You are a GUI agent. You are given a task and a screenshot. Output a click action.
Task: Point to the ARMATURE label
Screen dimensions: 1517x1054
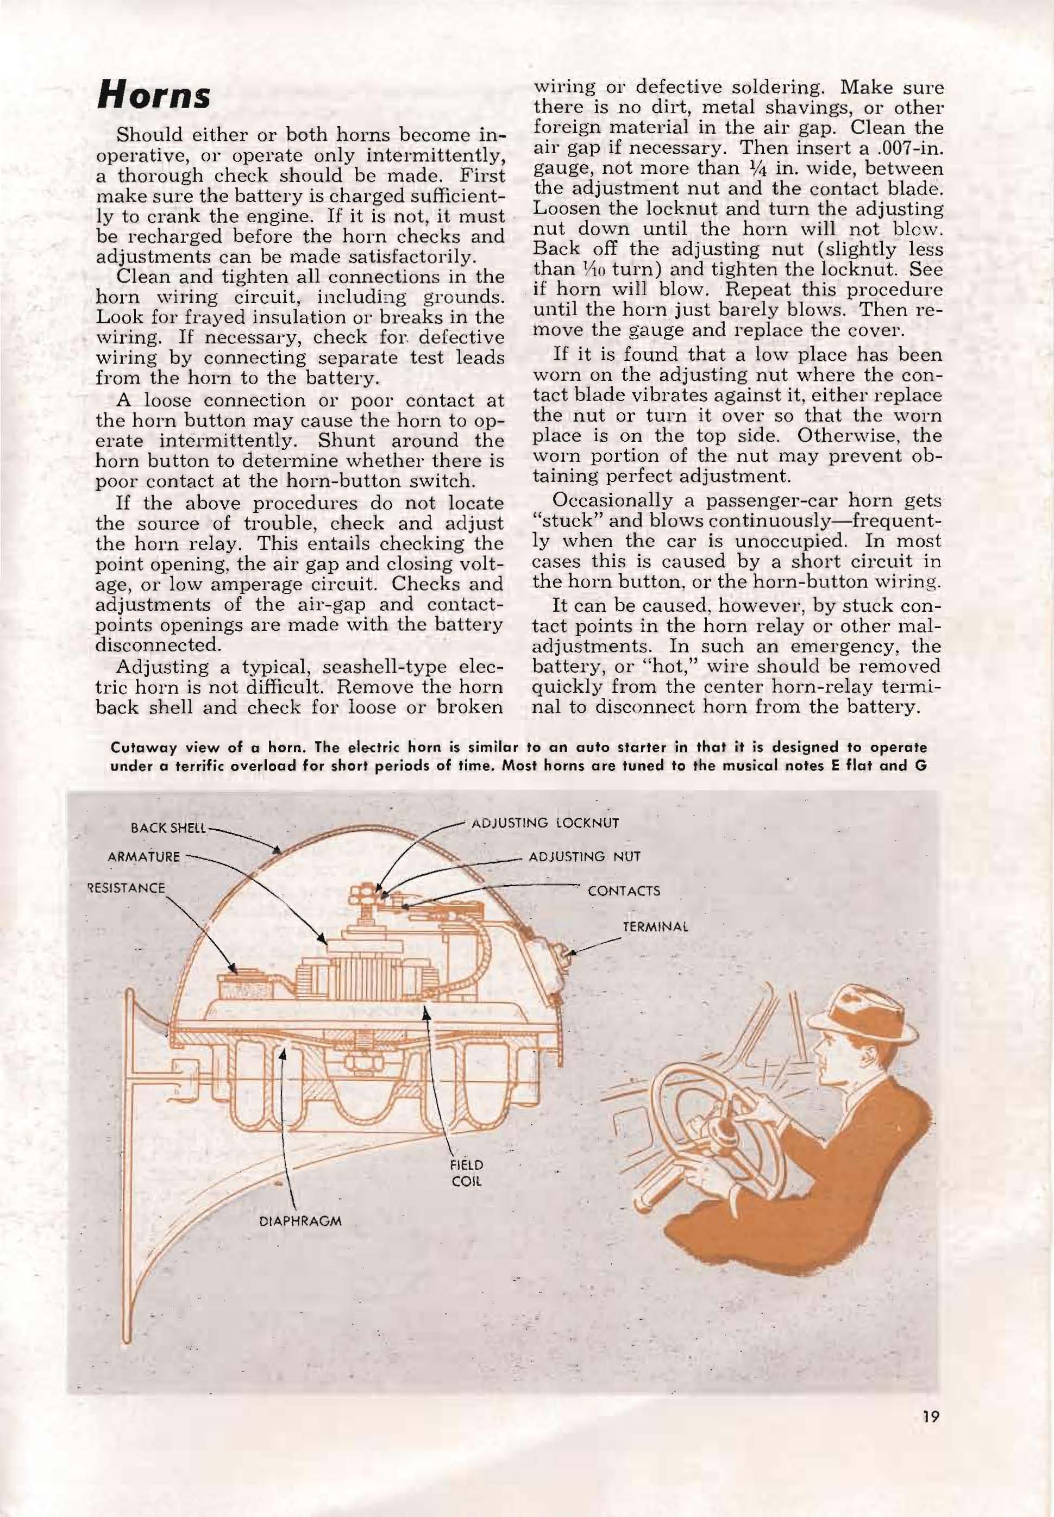point(144,857)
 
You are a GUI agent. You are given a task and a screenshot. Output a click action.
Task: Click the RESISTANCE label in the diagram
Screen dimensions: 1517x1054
point(127,888)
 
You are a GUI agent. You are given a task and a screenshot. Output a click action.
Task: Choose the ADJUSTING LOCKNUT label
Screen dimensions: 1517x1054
point(545,823)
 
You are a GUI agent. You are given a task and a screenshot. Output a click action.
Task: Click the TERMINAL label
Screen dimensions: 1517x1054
point(656,926)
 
